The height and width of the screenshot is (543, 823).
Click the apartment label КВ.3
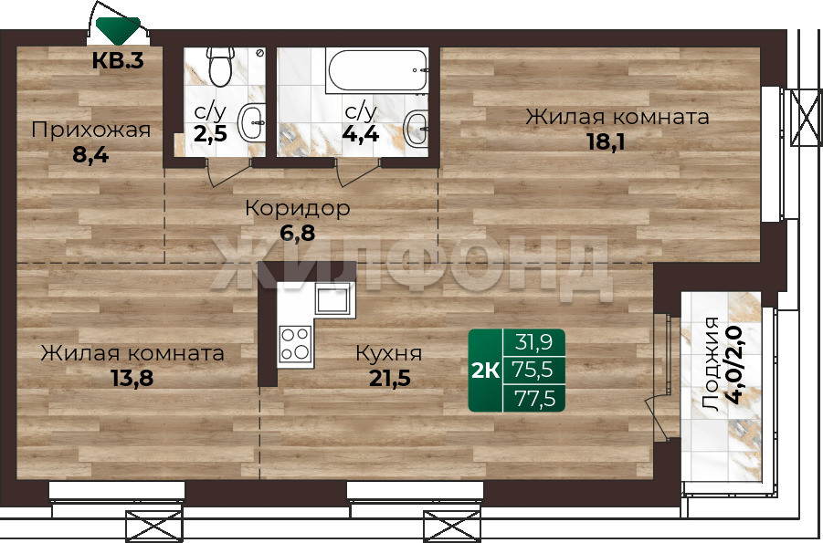click(118, 61)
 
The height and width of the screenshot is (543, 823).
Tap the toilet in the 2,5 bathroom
click(220, 66)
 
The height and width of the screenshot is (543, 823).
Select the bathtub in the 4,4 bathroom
click(376, 71)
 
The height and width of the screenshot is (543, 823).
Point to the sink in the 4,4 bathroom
click(417, 128)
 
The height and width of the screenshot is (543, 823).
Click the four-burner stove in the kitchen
click(295, 344)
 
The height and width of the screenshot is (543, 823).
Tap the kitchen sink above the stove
click(332, 298)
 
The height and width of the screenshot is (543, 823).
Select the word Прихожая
click(90, 130)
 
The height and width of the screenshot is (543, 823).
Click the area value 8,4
click(90, 155)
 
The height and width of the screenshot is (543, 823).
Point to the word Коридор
click(298, 209)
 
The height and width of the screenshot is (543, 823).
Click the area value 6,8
click(298, 233)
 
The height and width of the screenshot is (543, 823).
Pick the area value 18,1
click(606, 142)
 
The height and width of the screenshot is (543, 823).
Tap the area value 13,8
click(132, 378)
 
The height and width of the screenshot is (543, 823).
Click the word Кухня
click(389, 353)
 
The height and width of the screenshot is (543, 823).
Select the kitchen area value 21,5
click(389, 378)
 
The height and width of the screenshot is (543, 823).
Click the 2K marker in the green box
click(486, 371)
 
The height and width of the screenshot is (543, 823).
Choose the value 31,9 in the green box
click(533, 342)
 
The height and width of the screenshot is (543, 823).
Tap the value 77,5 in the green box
click(533, 399)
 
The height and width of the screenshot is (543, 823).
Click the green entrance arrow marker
click(118, 30)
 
